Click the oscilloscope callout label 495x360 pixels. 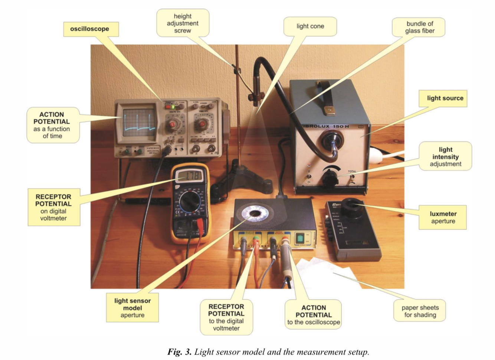click(x=90, y=29)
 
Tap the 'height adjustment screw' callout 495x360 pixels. click(x=183, y=23)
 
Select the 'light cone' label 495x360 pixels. click(x=310, y=26)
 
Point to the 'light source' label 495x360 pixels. click(x=445, y=98)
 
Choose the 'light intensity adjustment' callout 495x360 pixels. click(x=445, y=156)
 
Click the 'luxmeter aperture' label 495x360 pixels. click(x=443, y=217)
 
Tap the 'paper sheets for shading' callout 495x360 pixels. click(x=420, y=311)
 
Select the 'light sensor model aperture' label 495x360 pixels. click(x=132, y=308)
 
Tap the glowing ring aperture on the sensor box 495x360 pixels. click(x=255, y=213)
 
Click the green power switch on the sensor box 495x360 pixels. click(x=299, y=238)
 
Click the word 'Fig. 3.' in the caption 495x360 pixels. click(x=180, y=352)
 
